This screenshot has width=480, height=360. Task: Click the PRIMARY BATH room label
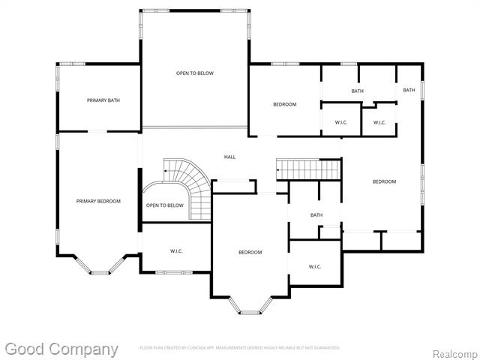tap(103, 100)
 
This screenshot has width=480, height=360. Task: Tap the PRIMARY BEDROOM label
tap(98, 201)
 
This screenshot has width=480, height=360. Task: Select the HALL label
tap(230, 157)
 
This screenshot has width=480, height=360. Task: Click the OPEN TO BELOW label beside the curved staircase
tap(164, 205)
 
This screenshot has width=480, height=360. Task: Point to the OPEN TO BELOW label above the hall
tap(195, 73)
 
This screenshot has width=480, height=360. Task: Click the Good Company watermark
tap(61, 349)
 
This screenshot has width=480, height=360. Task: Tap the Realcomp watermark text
tap(454, 352)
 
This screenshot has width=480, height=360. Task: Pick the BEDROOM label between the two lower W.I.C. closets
tap(250, 252)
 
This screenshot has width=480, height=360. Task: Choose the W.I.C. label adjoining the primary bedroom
tap(177, 251)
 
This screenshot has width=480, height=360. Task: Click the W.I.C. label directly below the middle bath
tap(315, 266)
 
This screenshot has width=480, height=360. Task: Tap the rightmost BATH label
tap(409, 90)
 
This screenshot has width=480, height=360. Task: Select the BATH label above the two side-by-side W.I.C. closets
tap(357, 91)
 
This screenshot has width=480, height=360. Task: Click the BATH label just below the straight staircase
tap(316, 215)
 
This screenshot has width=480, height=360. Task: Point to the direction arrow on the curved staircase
tap(166, 172)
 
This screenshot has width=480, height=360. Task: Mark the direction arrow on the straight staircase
tap(279, 172)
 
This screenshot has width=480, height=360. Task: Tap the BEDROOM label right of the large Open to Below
tap(284, 104)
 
